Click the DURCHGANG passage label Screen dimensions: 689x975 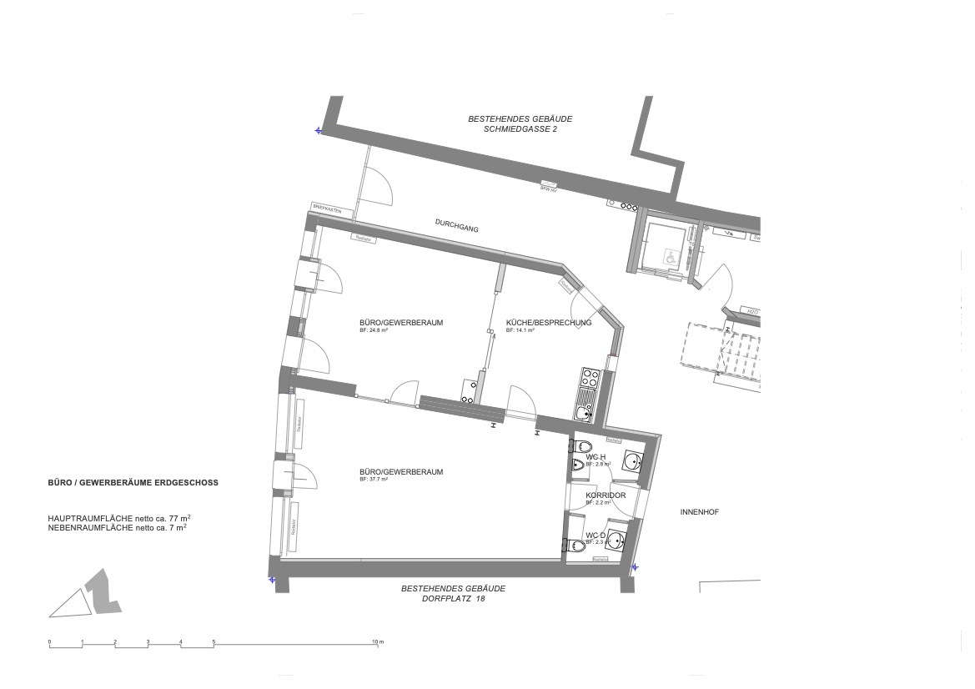coord(456,224)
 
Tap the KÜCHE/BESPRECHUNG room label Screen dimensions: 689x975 coord(548,323)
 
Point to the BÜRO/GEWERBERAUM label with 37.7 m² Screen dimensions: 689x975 coord(400,472)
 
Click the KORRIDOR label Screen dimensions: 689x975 coord(606,495)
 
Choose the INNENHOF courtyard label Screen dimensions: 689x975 coord(699,512)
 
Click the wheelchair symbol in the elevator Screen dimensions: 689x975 coord(669,259)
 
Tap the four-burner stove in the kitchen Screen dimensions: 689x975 coord(588,379)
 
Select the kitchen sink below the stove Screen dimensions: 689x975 coord(584,411)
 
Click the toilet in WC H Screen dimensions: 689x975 coord(581,446)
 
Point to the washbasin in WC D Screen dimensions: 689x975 coord(616,540)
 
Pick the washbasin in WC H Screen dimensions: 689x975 coord(632,460)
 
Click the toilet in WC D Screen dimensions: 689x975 coord(575,546)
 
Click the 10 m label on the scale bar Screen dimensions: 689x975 coord(377,641)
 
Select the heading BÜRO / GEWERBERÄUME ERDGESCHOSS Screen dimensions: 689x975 coord(133,483)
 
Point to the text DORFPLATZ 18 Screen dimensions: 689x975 coord(453,598)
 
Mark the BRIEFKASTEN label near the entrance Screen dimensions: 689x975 coord(326,209)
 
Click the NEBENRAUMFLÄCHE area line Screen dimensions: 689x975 coord(117,528)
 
